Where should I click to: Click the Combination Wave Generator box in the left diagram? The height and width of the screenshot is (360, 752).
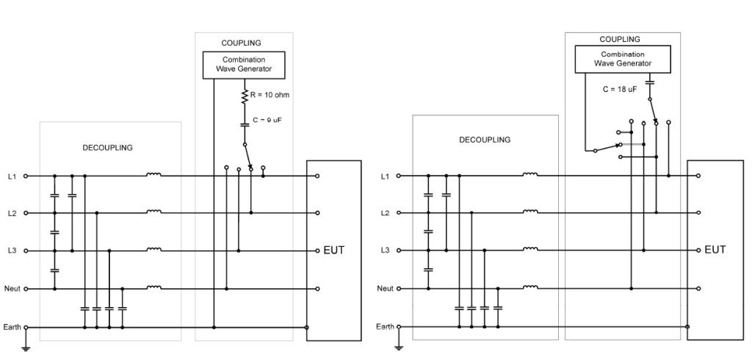[x=243, y=64]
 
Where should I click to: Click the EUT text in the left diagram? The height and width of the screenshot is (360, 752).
[x=333, y=250]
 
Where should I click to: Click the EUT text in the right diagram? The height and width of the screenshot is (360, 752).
[x=715, y=250]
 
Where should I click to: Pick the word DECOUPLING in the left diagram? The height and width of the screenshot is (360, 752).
[x=107, y=148]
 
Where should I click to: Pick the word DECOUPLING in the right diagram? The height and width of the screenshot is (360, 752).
[x=484, y=140]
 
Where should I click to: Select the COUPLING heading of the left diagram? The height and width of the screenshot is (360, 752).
[x=241, y=43]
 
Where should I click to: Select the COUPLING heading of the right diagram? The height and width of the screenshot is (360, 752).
[x=620, y=39]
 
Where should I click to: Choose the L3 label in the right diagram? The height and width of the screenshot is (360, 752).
[x=386, y=251]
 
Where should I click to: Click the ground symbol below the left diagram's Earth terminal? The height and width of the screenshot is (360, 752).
[x=26, y=347]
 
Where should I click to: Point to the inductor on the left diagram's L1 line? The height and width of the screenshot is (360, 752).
[x=153, y=175]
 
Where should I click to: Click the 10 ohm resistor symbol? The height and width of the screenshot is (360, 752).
[x=245, y=95]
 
